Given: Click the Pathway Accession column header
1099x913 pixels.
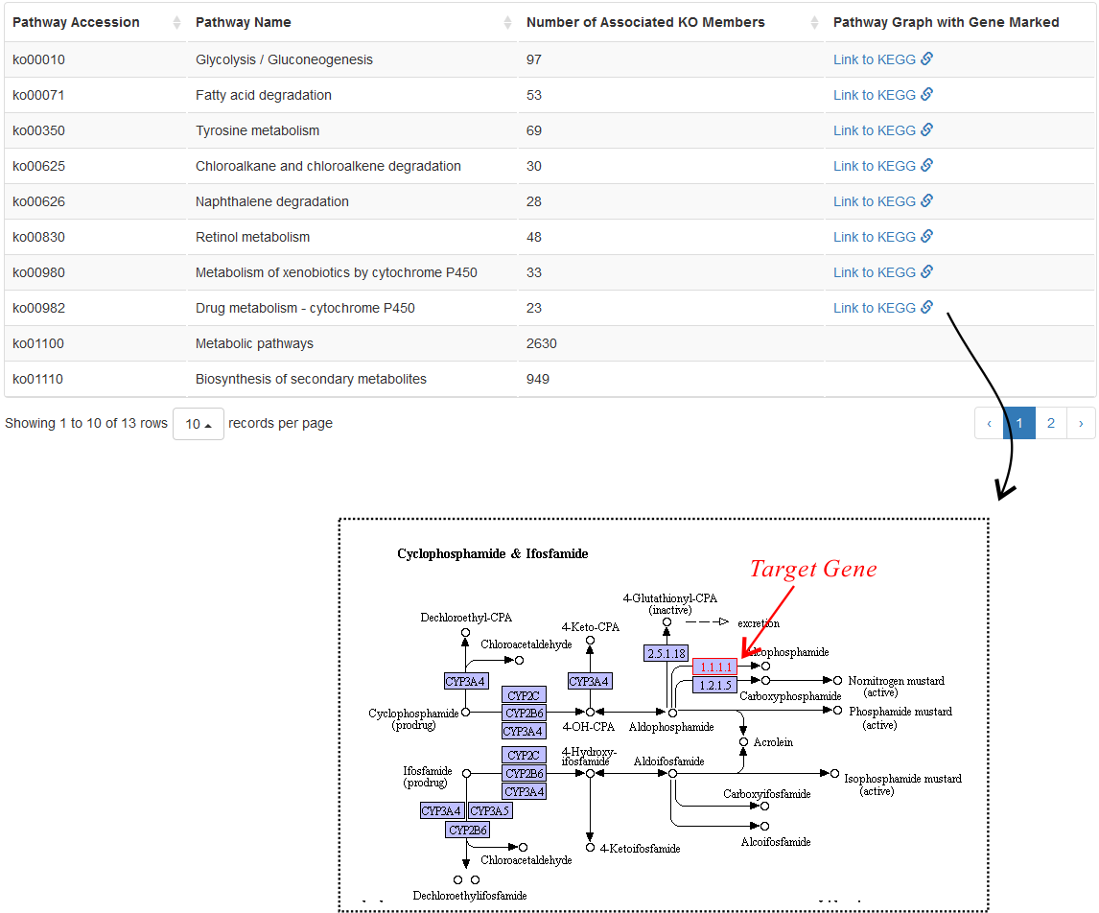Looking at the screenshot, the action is point(76,22).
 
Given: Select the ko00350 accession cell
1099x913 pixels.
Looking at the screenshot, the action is point(38,131).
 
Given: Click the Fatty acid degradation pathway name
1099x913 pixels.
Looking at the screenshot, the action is point(264,95).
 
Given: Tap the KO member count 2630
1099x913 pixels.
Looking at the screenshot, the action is point(542,344).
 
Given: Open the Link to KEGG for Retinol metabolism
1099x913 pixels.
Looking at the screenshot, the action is point(883,237).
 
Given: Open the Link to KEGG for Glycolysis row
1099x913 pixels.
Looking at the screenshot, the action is point(883,59).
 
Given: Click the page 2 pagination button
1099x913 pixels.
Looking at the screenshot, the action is point(1051,423).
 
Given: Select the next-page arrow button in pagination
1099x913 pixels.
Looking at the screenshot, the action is point(1081,423).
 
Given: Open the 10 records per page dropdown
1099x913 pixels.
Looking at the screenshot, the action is point(199,424).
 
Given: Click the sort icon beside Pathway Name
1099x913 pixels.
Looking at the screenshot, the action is point(507,23).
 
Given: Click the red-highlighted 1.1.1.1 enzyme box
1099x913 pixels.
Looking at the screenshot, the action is point(714,667).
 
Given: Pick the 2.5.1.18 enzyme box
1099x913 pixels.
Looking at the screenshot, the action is point(666,654).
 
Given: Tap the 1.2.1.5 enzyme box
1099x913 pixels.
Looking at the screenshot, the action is point(714,686).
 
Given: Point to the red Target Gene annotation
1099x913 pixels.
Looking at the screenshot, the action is point(813,569).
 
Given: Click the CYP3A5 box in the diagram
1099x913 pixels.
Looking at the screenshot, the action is point(490,810).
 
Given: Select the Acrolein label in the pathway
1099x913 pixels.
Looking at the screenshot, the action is point(773,742).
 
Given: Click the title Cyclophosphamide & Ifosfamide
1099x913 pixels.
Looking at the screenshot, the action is point(493,553).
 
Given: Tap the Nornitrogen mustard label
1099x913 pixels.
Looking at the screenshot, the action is point(896,681).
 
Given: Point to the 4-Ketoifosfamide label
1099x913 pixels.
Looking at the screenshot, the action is point(640,849).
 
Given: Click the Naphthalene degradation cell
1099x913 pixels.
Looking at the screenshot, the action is point(272,201).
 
